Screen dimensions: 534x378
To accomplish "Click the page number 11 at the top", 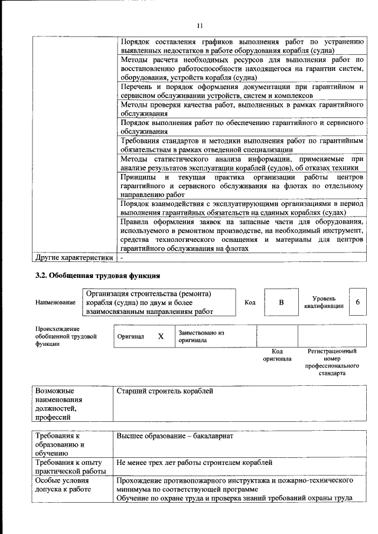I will [200, 25].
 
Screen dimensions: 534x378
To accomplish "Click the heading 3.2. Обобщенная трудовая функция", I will [97, 275].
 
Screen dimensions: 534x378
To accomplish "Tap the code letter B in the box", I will [281, 302].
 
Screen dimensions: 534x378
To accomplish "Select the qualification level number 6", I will [357, 302].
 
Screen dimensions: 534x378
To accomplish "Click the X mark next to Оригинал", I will [160, 336].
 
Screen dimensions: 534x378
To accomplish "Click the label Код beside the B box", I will [250, 302].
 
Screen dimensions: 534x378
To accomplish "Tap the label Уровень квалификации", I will [324, 302].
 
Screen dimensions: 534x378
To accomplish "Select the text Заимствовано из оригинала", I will [201, 336].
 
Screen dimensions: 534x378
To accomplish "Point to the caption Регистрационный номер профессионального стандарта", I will [332, 362].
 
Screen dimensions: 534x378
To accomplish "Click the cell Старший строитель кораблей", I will [165, 391].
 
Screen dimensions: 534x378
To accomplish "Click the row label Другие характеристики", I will [73, 258].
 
